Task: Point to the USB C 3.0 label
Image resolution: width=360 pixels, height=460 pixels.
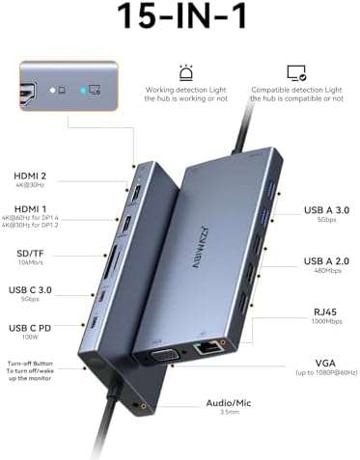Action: point(36,288)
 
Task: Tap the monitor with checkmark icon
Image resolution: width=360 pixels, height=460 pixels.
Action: point(296,72)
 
